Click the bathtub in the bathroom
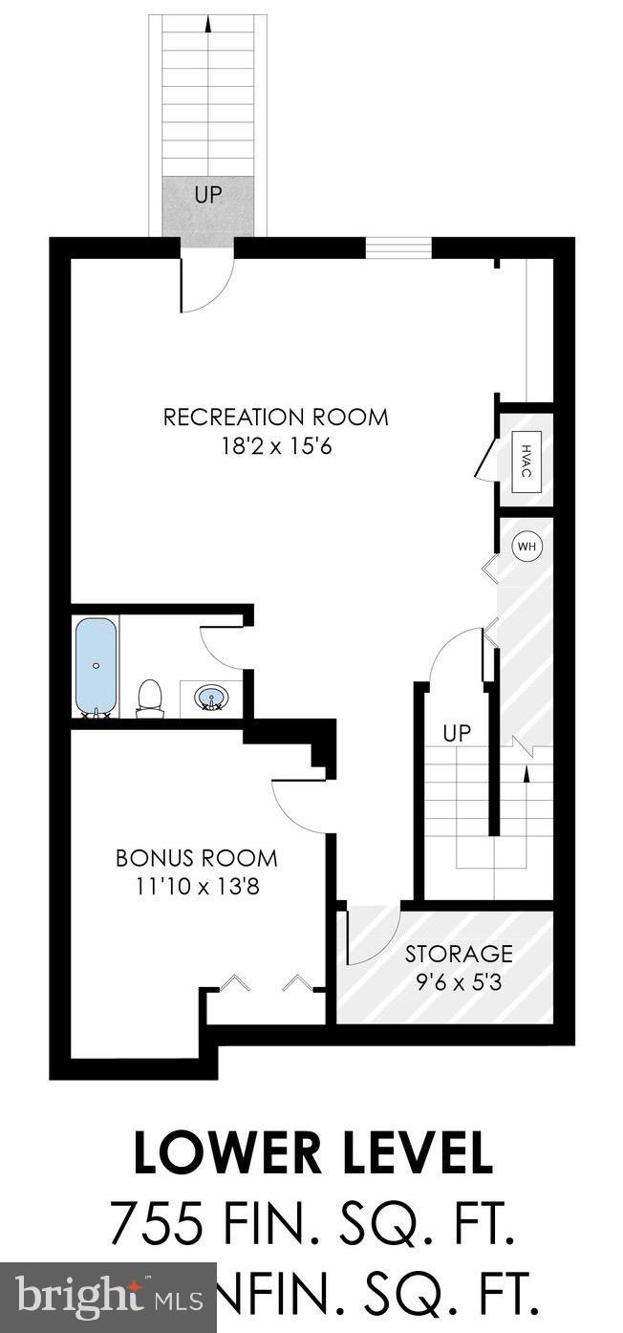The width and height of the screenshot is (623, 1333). point(96,665)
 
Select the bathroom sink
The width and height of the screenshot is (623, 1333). point(211,699)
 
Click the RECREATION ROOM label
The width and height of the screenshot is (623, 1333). point(275,418)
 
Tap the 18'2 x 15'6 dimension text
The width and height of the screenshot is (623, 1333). point(275,446)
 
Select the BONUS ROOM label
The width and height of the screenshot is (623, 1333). point(197,858)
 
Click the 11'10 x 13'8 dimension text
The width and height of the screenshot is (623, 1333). point(197,886)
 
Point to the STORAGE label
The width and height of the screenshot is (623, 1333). point(459,953)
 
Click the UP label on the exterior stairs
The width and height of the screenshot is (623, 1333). point(207,196)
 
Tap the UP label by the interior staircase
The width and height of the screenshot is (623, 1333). point(457,734)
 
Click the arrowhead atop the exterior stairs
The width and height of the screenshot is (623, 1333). point(208,23)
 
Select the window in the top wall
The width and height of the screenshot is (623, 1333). point(398,247)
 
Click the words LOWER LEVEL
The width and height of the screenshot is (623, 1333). point(312,1153)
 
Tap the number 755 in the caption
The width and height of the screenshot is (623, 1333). point(156,1222)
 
